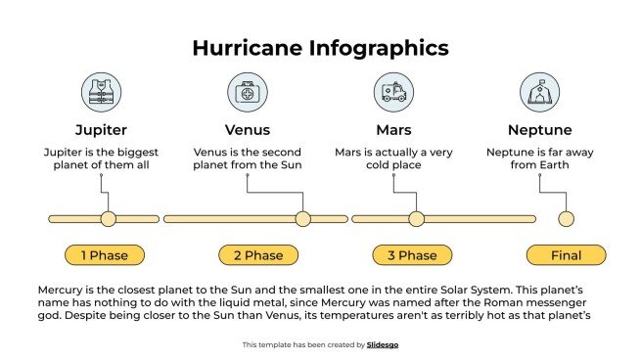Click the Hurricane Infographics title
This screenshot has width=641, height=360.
tap(320, 48)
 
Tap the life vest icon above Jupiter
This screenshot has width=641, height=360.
tap(101, 93)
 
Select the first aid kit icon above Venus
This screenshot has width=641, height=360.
tap(247, 93)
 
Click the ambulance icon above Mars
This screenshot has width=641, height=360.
tap(392, 93)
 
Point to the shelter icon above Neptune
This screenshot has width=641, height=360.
tap(539, 93)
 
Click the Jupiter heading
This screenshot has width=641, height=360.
tap(101, 129)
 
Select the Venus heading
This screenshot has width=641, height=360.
tap(247, 129)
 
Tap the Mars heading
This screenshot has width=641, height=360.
tap(392, 129)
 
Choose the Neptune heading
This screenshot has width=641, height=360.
tap(539, 129)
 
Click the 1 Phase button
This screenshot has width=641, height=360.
tap(104, 255)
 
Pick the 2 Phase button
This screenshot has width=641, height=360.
tap(258, 255)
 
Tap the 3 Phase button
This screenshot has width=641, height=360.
tap(412, 255)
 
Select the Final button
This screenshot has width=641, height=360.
tap(566, 255)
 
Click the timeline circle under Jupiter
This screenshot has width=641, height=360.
tap(108, 219)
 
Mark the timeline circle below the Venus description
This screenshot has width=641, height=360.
tap(302, 219)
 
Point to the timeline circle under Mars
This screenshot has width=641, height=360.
tap(416, 219)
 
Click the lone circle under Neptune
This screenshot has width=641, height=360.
tap(566, 219)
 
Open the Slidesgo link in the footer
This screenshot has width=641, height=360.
tap(383, 344)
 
